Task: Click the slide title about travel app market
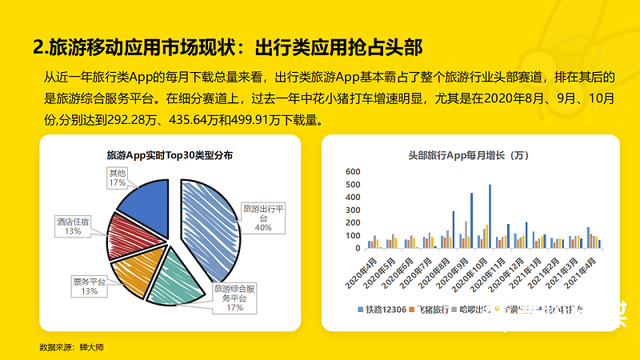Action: (227, 46)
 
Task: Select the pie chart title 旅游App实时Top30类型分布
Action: (169, 156)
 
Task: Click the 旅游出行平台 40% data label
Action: (263, 217)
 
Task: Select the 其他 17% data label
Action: (117, 178)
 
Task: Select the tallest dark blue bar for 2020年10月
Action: (489, 216)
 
